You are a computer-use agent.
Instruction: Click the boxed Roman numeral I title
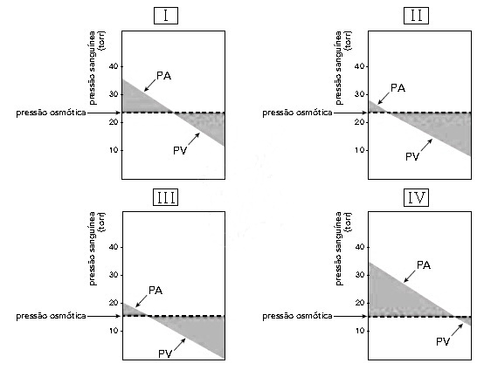[166, 16]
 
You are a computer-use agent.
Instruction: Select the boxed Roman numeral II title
[416, 16]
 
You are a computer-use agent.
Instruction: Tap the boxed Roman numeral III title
[166, 197]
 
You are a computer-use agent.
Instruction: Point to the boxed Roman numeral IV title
[416, 197]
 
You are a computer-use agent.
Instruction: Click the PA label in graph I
[163, 76]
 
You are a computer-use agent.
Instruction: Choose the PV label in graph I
[180, 151]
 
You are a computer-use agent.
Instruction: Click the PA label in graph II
[398, 88]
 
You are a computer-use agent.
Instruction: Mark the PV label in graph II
[412, 156]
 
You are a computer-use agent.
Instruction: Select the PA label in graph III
[156, 291]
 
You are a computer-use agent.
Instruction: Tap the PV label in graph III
[165, 353]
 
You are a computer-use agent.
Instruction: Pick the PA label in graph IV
[424, 265]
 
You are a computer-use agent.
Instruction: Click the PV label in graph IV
[443, 341]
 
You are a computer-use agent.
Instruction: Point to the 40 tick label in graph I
[114, 66]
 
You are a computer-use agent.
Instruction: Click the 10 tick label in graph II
[359, 150]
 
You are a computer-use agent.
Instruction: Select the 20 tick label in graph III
[114, 303]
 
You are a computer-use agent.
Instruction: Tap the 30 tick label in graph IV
[360, 275]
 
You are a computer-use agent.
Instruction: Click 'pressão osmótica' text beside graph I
[51, 113]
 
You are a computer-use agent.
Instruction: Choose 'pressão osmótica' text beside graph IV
[297, 317]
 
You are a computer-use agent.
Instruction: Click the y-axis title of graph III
[97, 249]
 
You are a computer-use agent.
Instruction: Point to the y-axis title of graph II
[343, 68]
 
